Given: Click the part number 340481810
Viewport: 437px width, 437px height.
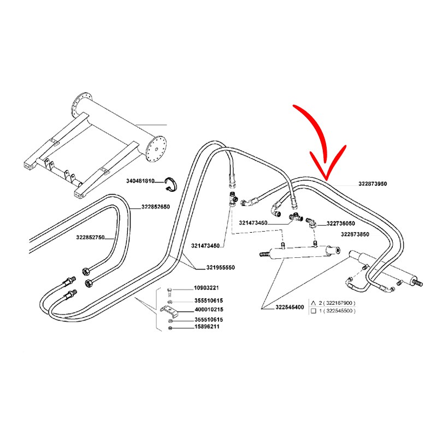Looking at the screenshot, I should click(x=141, y=181).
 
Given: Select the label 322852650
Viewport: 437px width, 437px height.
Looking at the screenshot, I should click(x=156, y=207).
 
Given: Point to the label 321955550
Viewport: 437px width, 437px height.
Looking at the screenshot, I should click(x=221, y=268).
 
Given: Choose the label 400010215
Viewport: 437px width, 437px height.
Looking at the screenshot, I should click(x=208, y=310).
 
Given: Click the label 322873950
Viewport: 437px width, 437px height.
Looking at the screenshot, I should click(x=373, y=185).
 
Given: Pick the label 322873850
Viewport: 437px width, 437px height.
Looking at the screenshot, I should click(x=355, y=234).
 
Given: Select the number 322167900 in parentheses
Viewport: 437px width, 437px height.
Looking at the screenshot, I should click(x=336, y=302).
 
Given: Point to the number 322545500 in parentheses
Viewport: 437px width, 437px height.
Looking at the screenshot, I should click(x=336, y=310).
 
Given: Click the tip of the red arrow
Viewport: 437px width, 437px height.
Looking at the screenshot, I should click(x=326, y=179).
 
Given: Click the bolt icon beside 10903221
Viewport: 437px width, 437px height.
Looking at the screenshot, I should click(x=170, y=289).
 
